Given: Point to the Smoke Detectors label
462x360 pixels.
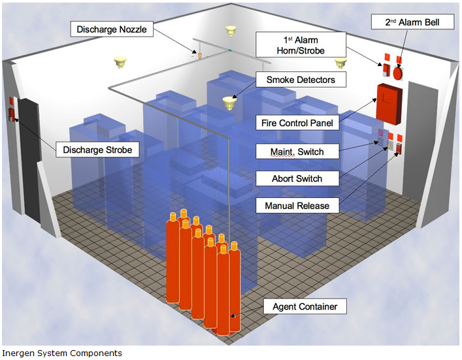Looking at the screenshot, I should point(301,80).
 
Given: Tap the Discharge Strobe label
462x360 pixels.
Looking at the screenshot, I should point(97,150).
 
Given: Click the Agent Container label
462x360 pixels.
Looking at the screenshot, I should point(305,306).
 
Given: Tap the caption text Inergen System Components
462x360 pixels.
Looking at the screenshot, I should point(61,353).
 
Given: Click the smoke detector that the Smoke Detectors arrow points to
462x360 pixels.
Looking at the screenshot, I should point(228,103).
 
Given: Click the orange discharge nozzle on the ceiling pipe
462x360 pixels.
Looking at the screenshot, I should point(201,54).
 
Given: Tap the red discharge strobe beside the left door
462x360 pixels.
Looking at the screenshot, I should point(11,114).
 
